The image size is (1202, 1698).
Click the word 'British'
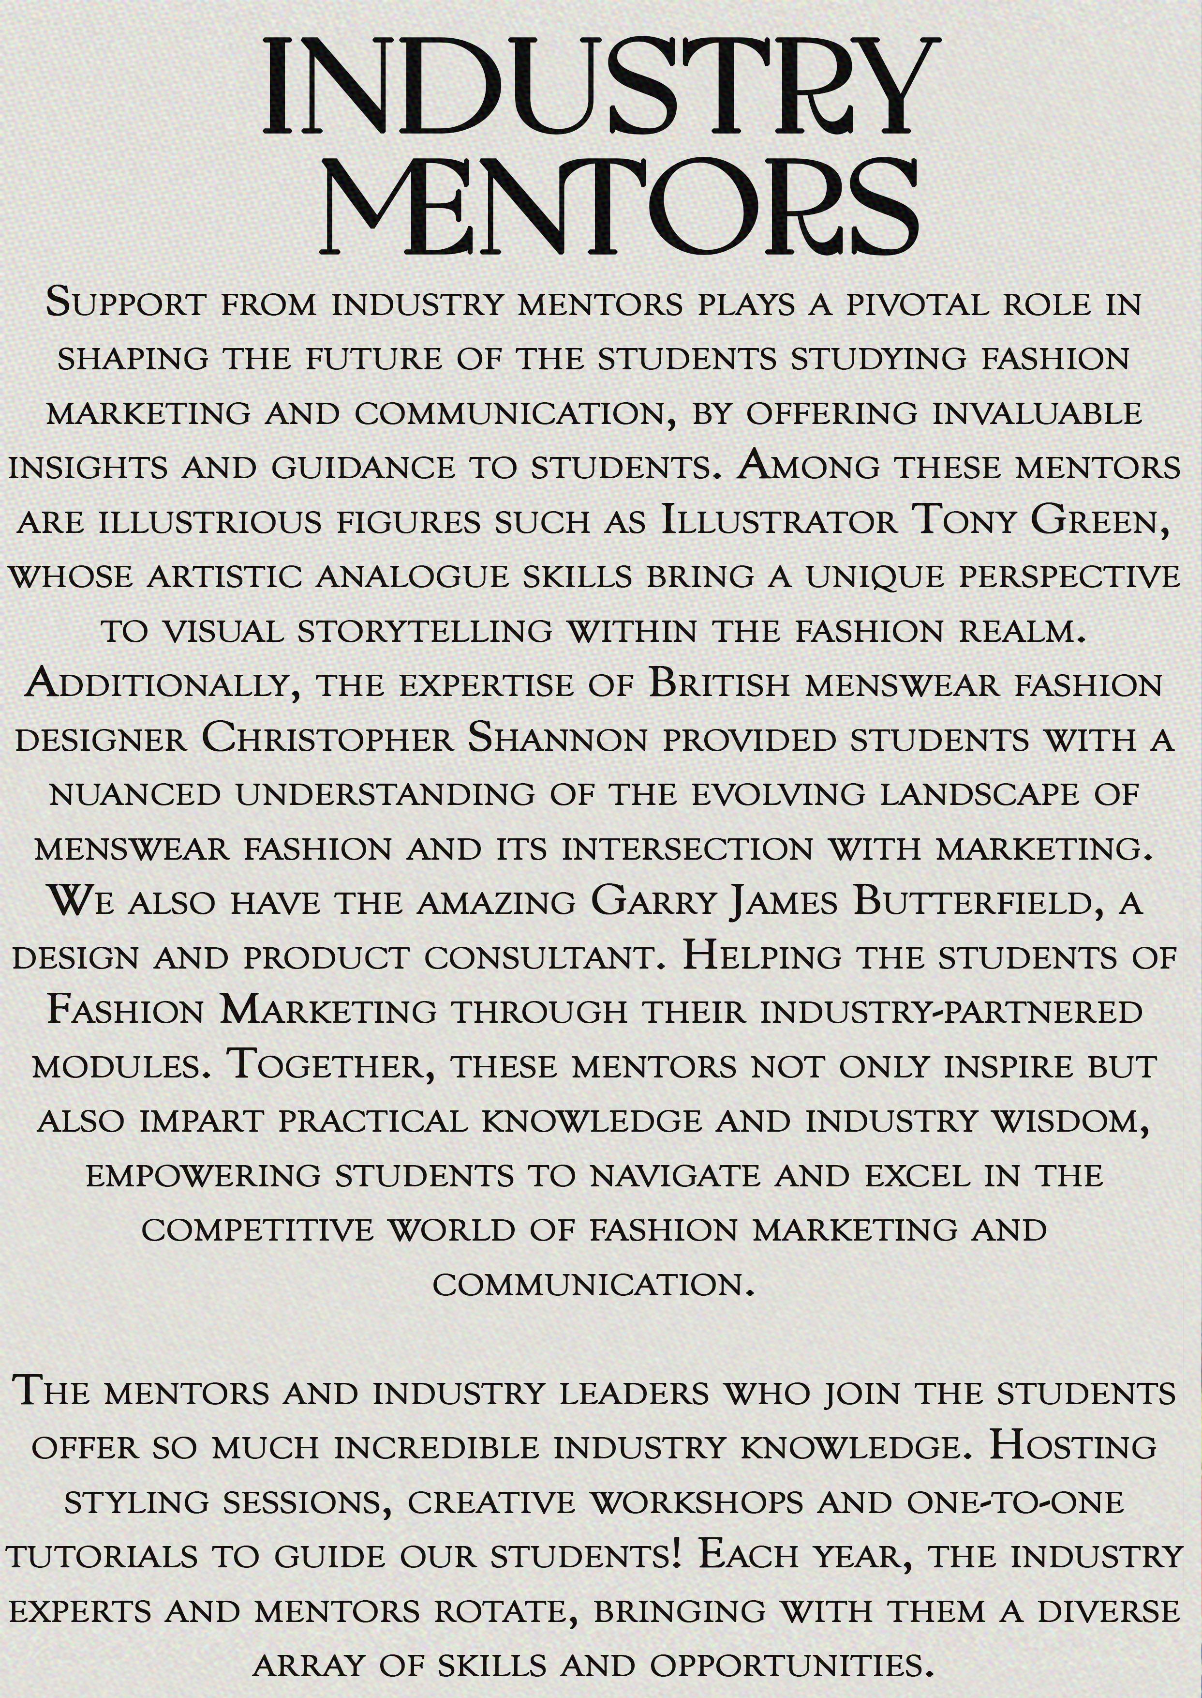[719, 685]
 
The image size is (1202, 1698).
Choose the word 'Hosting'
[1072, 1446]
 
